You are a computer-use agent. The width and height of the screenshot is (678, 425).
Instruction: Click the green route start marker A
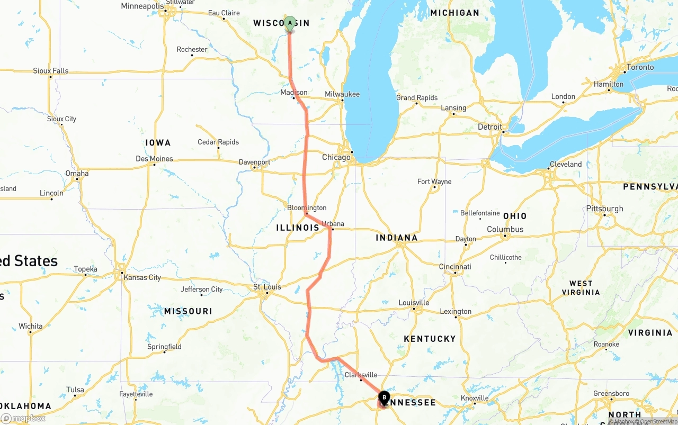(290, 23)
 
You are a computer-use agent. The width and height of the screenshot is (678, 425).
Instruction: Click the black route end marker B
(384, 397)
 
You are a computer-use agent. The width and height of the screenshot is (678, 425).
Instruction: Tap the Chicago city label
(336, 157)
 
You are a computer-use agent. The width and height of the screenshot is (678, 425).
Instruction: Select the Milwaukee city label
(342, 94)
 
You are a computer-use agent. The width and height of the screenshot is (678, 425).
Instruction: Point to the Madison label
(294, 93)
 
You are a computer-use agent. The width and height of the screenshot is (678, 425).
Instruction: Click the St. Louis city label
(267, 287)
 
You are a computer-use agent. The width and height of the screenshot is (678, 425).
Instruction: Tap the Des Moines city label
(154, 159)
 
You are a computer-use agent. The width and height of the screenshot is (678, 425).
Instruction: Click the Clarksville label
(361, 375)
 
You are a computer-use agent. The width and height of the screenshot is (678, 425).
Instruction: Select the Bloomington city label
(307, 208)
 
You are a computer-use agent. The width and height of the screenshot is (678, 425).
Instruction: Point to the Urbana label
(333, 224)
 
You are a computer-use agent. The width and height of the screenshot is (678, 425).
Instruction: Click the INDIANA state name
(397, 238)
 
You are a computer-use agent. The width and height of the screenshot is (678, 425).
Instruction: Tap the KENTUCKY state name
(430, 339)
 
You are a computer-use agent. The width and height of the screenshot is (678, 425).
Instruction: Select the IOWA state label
(158, 143)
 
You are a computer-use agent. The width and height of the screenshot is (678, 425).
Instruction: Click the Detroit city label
(490, 127)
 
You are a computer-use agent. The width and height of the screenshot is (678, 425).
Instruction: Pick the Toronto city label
(640, 68)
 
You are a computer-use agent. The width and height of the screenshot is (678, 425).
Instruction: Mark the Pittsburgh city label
(605, 209)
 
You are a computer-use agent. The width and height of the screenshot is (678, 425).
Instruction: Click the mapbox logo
(23, 418)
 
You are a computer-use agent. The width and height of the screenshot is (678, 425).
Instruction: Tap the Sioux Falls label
(51, 71)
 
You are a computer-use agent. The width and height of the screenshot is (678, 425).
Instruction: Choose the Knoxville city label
(475, 398)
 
